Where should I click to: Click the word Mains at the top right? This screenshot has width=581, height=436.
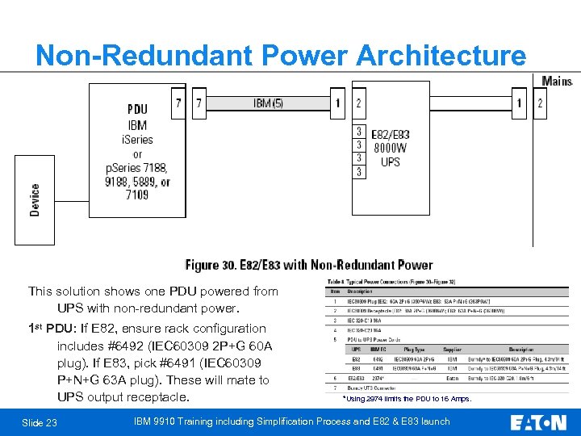[557, 82]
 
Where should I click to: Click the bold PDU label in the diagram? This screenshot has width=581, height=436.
[137, 109]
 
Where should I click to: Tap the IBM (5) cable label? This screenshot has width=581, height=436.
[268, 103]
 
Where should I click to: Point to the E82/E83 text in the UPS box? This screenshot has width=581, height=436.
[390, 134]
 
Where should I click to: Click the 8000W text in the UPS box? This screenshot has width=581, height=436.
[390, 148]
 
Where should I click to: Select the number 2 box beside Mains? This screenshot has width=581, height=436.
[540, 103]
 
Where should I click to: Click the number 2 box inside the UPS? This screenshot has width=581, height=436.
[358, 103]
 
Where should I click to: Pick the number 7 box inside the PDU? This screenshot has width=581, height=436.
[178, 103]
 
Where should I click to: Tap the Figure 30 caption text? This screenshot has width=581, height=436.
[309, 265]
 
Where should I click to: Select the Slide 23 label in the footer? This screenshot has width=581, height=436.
[40, 422]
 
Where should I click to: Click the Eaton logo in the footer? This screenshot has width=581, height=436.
[538, 421]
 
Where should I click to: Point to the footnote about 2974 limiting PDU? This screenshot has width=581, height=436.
[407, 399]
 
